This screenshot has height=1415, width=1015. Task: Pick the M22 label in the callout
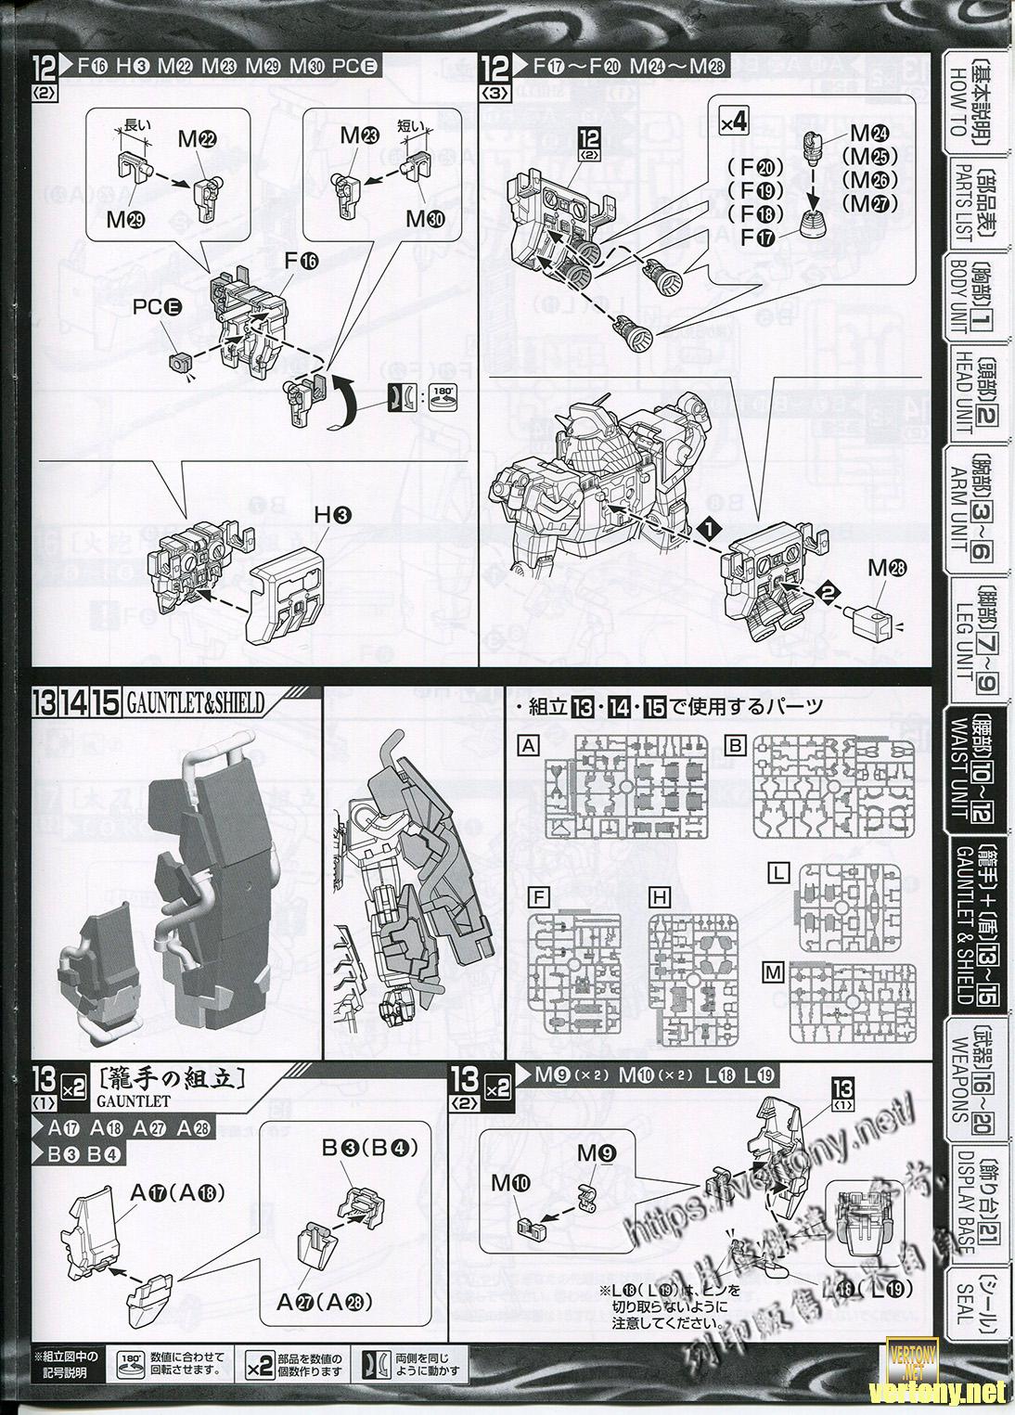click(x=199, y=139)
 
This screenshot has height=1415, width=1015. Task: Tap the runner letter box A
click(x=529, y=745)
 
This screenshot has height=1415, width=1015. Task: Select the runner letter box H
click(x=660, y=897)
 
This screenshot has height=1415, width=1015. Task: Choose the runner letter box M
click(x=772, y=971)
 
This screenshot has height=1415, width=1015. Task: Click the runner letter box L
click(x=779, y=872)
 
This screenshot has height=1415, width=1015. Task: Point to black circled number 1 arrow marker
click(x=708, y=526)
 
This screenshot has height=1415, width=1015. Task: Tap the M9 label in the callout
click(x=594, y=1152)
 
